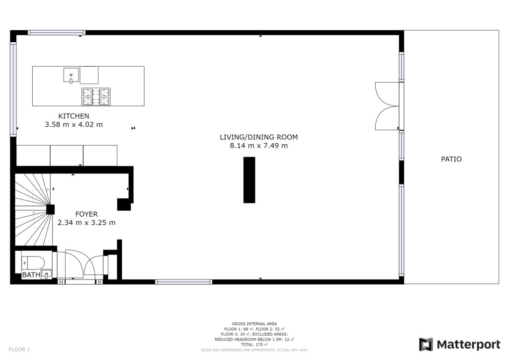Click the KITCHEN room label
pos(74,116)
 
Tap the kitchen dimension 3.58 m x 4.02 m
pos(74,124)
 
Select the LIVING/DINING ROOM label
pos(258,137)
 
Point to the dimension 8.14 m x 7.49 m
pos(258,146)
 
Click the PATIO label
pos(451,159)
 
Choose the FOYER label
pos(86,214)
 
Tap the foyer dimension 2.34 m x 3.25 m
pos(86,223)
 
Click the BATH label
pos(31,275)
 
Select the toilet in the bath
pos(32,263)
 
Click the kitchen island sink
pos(71,75)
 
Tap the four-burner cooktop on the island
pos(96,97)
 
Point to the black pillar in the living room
pos(250,180)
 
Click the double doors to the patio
pos(387,106)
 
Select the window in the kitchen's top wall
pos(57,32)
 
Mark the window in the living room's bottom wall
pos(184,282)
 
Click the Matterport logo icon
pos(426,345)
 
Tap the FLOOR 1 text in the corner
pos(19,350)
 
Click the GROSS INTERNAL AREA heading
pos(254,324)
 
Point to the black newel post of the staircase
pos(50,209)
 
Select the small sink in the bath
pos(47,274)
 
